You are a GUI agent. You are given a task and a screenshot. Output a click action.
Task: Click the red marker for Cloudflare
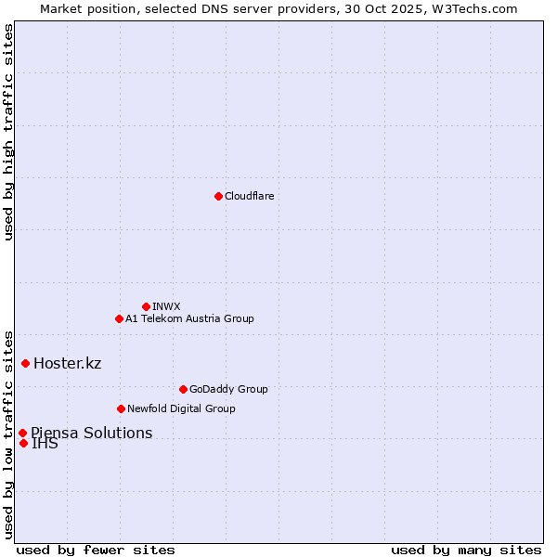[218, 196]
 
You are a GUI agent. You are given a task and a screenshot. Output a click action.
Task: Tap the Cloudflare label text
[249, 196]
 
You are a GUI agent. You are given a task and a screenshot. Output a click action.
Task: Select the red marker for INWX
[146, 306]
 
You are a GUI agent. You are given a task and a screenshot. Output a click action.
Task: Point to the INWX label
[166, 306]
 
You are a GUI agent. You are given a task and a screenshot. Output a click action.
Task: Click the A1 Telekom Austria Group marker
[119, 318]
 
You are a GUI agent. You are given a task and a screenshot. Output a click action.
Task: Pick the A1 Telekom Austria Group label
[189, 318]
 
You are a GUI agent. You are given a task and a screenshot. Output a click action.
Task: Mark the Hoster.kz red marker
[25, 363]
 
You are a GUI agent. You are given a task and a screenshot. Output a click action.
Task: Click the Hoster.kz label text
[67, 363]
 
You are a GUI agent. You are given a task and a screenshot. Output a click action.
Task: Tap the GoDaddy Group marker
[183, 389]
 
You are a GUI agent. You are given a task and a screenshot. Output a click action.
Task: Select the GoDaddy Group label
[228, 389]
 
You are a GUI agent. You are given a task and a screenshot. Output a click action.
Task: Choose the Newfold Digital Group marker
[121, 408]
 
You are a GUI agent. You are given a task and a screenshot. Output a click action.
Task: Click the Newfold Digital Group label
[181, 408]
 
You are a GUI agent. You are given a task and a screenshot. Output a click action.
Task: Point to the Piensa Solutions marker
[22, 433]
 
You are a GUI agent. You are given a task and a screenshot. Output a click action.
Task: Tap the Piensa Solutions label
[91, 433]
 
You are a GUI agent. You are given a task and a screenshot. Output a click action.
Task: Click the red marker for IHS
[23, 443]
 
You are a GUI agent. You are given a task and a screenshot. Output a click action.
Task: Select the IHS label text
[45, 444]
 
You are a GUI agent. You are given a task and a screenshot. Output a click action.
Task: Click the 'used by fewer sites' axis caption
[96, 550]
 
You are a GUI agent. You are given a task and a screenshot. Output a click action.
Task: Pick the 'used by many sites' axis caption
[466, 550]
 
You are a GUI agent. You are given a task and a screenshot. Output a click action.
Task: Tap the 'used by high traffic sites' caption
[9, 132]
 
